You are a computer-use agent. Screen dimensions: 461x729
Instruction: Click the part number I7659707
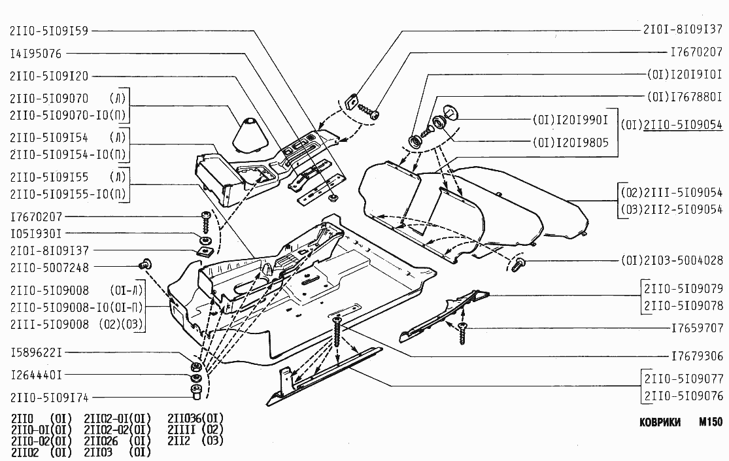pos(697,328)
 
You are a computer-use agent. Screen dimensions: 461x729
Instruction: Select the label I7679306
pos(697,356)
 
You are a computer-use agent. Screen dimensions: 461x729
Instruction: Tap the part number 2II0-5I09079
pos(683,288)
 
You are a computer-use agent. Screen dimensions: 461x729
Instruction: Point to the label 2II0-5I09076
pos(683,396)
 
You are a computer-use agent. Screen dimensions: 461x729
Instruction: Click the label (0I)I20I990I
pos(570,120)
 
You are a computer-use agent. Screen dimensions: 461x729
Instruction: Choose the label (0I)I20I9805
pos(570,143)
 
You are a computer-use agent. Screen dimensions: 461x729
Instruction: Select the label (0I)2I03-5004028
pos(671,261)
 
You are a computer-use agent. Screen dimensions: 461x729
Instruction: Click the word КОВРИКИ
pos(661,422)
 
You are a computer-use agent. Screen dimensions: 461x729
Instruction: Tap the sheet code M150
pos(709,422)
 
